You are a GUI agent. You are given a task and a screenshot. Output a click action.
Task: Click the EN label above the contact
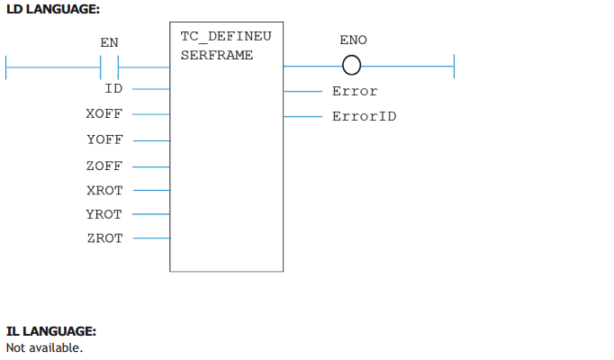109,42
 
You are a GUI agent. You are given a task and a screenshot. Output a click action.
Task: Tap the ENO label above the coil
353,40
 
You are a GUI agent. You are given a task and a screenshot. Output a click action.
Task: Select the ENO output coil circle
352,66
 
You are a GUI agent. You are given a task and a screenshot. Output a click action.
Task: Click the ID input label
113,89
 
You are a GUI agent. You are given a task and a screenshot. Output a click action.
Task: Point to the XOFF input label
104,114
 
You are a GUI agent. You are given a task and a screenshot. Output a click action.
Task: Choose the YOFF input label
105,139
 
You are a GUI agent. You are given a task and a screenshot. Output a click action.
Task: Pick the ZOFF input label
104,166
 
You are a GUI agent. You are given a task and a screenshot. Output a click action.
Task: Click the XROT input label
105,191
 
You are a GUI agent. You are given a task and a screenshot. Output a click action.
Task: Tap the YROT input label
104,214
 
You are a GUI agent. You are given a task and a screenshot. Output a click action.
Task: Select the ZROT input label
105,238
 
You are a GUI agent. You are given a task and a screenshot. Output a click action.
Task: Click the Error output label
355,91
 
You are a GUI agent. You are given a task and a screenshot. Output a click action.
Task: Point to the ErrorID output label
365,116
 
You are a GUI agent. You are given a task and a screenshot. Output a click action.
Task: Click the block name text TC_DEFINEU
226,37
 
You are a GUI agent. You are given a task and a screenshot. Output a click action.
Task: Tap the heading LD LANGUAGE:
53,9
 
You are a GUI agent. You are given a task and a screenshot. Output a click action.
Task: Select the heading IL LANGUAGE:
51,331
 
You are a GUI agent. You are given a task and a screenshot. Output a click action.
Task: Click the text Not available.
45,348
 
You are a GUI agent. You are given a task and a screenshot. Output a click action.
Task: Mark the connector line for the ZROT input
151,238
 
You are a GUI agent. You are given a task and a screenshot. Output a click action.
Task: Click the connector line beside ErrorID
302,117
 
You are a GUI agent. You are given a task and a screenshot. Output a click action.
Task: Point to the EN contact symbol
109,67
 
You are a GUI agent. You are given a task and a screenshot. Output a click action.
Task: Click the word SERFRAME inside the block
217,55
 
